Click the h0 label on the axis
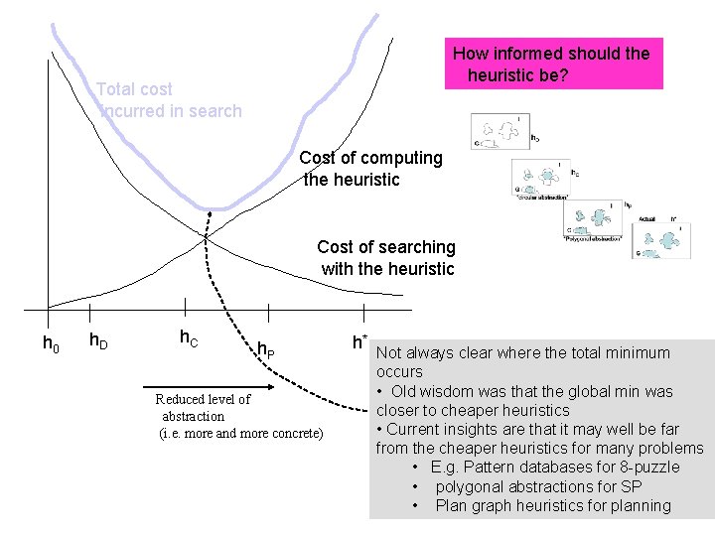[x=50, y=344]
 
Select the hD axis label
[x=98, y=341]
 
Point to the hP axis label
[x=266, y=348]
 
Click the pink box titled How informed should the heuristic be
[x=552, y=64]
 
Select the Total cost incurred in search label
[x=169, y=100]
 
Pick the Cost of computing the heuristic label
[x=370, y=169]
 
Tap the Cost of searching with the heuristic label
[x=385, y=257]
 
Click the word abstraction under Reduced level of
[x=193, y=416]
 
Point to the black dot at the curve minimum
[x=210, y=214]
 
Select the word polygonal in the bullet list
[x=472, y=486]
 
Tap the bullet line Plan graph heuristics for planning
[x=552, y=505]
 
